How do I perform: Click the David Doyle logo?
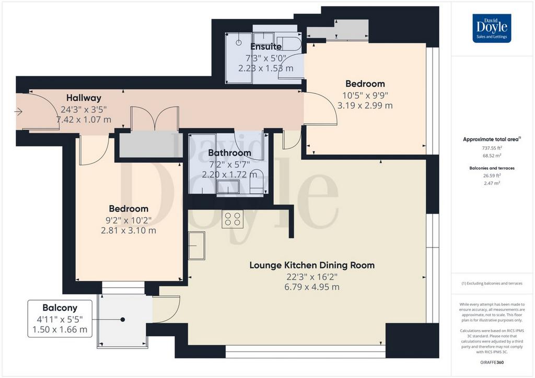(492, 28)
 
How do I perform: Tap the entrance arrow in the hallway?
(18, 111)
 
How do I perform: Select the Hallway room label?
(84, 98)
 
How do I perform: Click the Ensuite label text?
(266, 46)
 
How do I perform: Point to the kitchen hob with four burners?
(232, 219)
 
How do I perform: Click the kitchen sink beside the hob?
(196, 245)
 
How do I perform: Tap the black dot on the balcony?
(122, 320)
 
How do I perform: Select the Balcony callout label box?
(60, 318)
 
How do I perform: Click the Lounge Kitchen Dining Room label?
(312, 265)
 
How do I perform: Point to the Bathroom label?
(230, 152)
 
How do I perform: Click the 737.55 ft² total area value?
(492, 148)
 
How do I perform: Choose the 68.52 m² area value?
(492, 156)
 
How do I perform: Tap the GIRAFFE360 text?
(492, 362)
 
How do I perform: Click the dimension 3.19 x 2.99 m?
(365, 105)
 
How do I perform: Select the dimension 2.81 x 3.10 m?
(129, 230)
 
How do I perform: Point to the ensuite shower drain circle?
(239, 43)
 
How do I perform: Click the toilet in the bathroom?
(257, 182)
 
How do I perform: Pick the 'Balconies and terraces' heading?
(492, 168)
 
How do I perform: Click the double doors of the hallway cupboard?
(155, 119)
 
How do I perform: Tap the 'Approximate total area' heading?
(492, 139)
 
